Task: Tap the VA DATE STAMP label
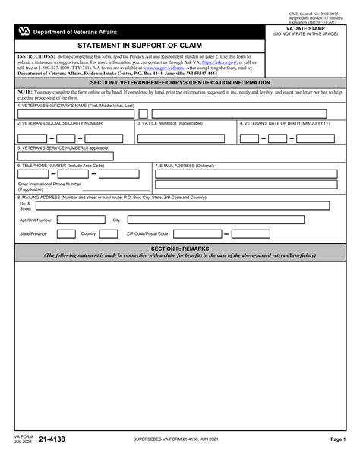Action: (x=307, y=28)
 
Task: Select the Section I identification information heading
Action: (x=179, y=82)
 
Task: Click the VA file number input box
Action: (x=183, y=138)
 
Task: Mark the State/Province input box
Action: (x=65, y=233)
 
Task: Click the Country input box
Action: (x=111, y=233)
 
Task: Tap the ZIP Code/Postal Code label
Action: (x=147, y=233)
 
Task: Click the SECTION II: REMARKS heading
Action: (x=179, y=249)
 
